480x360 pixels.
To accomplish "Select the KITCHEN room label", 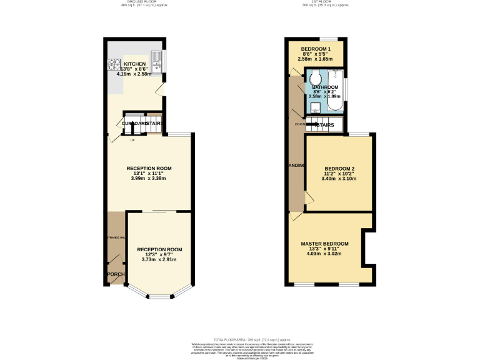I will [135, 64].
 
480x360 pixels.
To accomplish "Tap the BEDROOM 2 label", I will [340, 169].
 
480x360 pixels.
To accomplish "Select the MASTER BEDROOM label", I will [324, 243].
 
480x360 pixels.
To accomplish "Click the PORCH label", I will [115, 274].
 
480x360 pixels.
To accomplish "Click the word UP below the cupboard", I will [132, 139].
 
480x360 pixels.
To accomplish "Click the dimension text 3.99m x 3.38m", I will [149, 178].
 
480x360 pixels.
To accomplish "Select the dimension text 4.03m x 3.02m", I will [324, 254].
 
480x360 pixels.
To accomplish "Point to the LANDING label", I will [297, 166].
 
